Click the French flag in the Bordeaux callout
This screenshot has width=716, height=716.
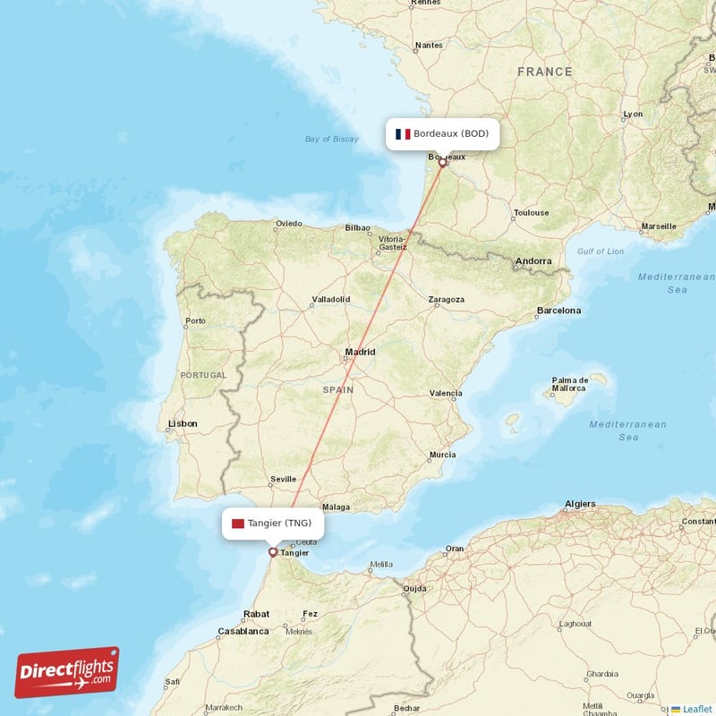point(403,134)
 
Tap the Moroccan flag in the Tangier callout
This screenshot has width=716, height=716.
point(238,523)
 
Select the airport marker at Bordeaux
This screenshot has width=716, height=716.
point(442,163)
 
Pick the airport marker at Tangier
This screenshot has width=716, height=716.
point(273,552)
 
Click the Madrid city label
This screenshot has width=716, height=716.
point(360,352)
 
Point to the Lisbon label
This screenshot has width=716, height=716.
point(183,423)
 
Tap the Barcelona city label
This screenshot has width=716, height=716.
point(558,311)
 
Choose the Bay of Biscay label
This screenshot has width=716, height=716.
point(331,139)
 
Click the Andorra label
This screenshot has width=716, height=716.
point(533,262)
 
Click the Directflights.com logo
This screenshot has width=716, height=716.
point(67,672)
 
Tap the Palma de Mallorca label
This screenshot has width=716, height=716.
point(569,384)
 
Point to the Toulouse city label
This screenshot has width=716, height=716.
point(531,213)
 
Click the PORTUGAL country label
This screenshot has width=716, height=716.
point(202,375)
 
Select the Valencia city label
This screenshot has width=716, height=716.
point(446,393)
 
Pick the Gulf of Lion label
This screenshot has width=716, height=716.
point(601,251)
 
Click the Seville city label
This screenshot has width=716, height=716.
point(283,479)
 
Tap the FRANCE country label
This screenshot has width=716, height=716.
point(544,72)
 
